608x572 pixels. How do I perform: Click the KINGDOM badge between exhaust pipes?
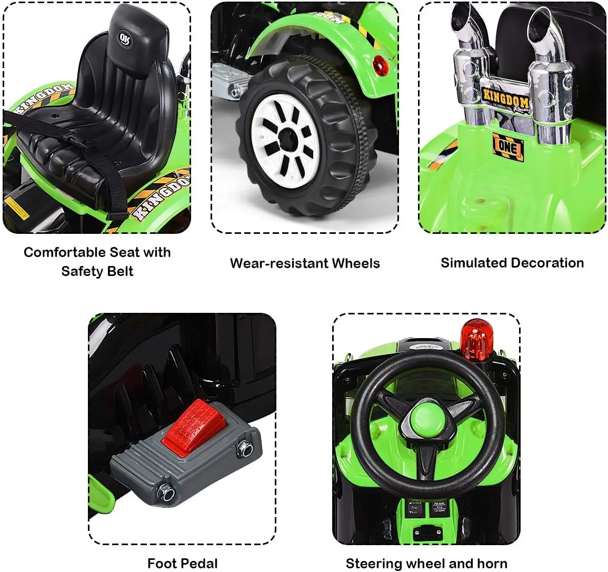(x=506, y=99)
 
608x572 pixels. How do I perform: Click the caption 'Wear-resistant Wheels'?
(x=305, y=263)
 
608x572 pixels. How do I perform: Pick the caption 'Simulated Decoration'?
(x=512, y=263)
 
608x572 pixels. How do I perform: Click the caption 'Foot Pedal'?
(x=182, y=564)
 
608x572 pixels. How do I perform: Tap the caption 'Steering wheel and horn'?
(x=426, y=564)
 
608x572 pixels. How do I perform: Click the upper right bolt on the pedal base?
(x=244, y=447)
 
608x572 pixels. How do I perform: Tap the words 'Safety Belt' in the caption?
(x=97, y=272)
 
